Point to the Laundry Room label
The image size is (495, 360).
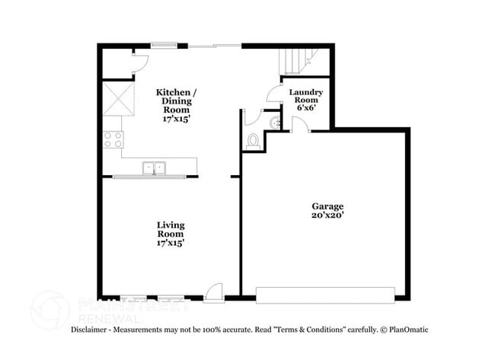click(x=306, y=97)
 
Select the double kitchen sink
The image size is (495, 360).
click(x=155, y=168)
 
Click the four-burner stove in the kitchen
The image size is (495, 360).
click(x=113, y=139)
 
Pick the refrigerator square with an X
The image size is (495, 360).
click(x=116, y=99)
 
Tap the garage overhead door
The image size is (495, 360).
click(x=325, y=295)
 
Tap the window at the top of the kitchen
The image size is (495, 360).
click(x=164, y=46)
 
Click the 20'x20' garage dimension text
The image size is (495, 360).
click(x=327, y=216)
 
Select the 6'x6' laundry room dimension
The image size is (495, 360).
click(x=306, y=107)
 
